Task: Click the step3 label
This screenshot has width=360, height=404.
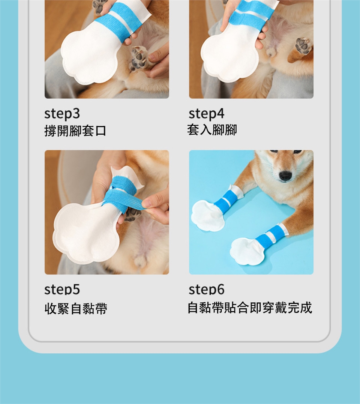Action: pyautogui.click(x=62, y=113)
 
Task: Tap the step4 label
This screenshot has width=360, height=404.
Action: pyautogui.click(x=207, y=113)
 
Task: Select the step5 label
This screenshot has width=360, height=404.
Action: pyautogui.click(x=62, y=289)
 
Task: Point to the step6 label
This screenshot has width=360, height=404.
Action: pyautogui.click(x=207, y=289)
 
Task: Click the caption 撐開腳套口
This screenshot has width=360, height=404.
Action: pyautogui.click(x=75, y=131)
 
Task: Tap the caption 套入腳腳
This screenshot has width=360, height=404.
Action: pyautogui.click(x=212, y=129)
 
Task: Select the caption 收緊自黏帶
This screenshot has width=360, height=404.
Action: pyautogui.click(x=76, y=308)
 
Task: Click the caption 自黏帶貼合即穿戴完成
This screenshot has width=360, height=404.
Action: pyautogui.click(x=250, y=307)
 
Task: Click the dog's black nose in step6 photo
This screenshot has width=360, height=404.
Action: pyautogui.click(x=285, y=176)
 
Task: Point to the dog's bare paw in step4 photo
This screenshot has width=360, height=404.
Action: pyautogui.click(x=303, y=46)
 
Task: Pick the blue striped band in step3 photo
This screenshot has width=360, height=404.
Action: pyautogui.click(x=121, y=21)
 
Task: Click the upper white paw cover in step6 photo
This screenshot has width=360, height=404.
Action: pyautogui.click(x=207, y=216)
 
